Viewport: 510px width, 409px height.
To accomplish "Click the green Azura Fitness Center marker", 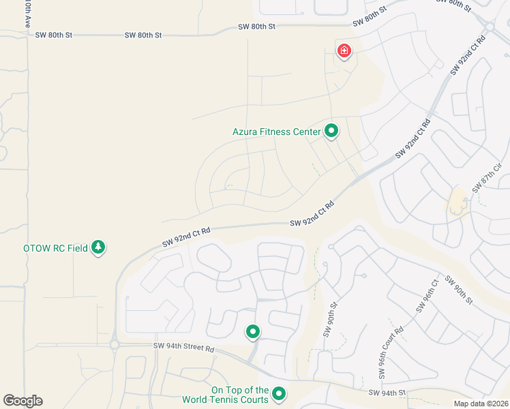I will pos(331,130).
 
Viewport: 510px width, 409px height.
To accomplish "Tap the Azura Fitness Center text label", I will pos(276,132).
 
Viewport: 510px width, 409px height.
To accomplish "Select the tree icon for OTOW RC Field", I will pos(99,247).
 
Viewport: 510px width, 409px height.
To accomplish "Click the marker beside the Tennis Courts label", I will pos(279,393).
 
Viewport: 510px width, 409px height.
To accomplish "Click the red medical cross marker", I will pos(344,50).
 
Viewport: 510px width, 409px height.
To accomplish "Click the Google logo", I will pos(22,401).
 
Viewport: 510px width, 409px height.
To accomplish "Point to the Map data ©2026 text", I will pos(480,404).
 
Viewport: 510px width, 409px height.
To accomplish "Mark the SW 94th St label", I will pos(387,393).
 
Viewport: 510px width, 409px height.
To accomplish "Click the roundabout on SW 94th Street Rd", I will pos(114,345).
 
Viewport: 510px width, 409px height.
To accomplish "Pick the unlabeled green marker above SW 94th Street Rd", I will pos(253,332).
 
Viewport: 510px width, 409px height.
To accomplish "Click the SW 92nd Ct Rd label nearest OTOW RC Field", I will pos(185,237).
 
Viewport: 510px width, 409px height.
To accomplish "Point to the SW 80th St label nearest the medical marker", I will pos(370,18).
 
